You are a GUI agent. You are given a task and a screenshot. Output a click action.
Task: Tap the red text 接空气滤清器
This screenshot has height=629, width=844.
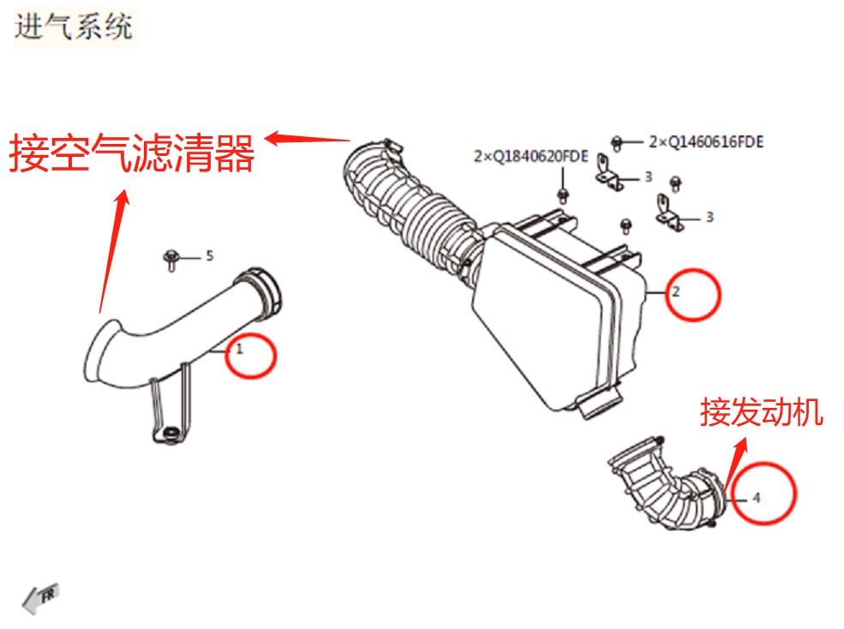132,155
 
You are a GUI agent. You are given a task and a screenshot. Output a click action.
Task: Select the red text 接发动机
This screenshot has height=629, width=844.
761,413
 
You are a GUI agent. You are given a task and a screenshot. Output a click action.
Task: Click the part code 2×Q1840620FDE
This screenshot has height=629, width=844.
530,157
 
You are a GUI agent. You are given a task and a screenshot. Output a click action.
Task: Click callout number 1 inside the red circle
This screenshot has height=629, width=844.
241,350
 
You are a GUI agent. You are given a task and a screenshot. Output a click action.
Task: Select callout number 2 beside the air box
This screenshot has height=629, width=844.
675,292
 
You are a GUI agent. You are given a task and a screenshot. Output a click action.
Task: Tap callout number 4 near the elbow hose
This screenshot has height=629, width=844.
756,497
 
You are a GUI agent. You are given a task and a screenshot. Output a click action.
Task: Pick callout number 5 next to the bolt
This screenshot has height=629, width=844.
207,256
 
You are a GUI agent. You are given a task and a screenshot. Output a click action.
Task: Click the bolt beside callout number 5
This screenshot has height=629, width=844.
171,257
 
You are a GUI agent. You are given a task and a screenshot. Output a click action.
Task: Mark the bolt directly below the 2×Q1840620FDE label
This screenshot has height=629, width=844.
563,189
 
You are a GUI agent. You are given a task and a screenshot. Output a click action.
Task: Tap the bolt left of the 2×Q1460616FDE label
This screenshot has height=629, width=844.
617,141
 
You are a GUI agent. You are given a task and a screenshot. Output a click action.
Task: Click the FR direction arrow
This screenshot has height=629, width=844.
39,597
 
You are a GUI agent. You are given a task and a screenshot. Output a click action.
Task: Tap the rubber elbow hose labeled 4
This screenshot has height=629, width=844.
664,488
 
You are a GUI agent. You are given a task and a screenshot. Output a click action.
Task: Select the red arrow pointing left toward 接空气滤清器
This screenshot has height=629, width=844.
308,137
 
